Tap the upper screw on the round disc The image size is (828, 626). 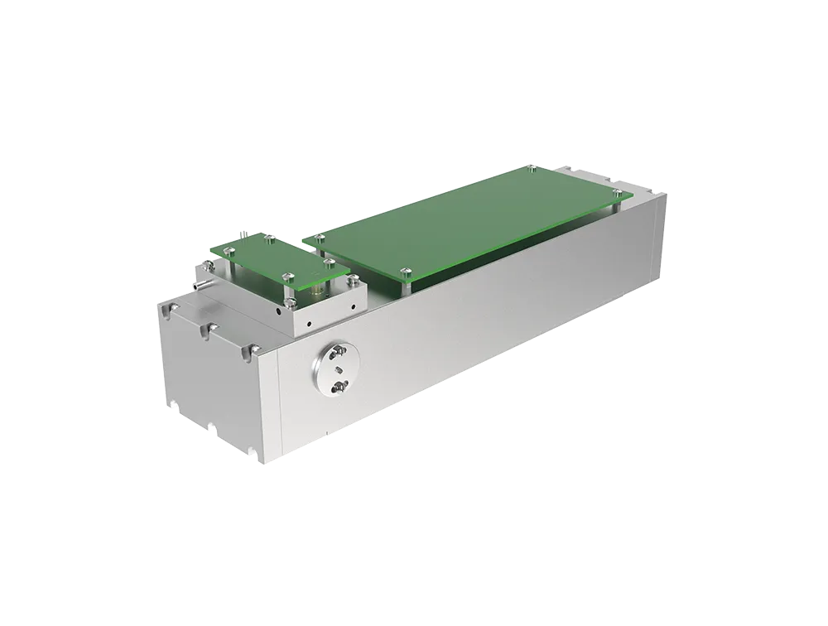[339, 357]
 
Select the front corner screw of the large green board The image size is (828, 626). [404, 272]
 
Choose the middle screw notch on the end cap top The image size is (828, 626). [207, 331]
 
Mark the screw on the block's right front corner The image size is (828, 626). [357, 284]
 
